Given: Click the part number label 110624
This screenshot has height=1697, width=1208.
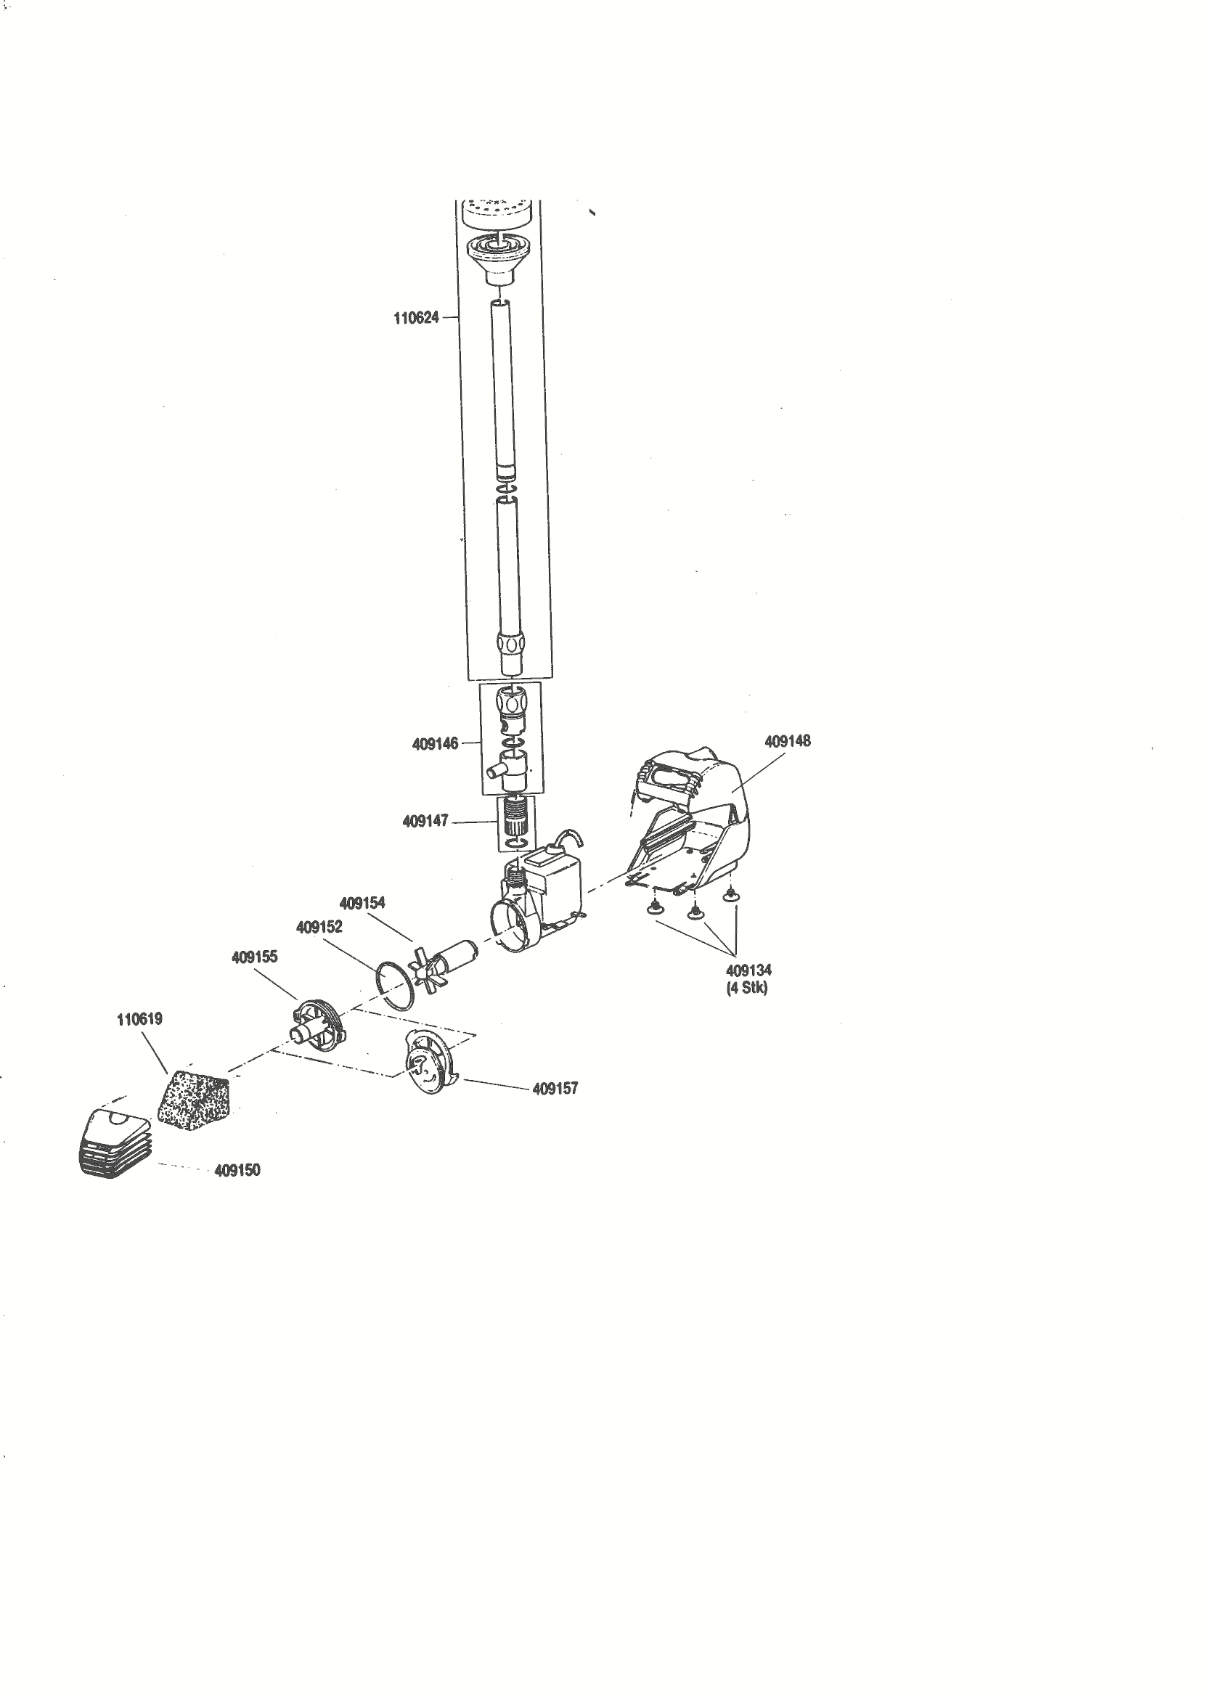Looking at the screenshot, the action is [416, 319].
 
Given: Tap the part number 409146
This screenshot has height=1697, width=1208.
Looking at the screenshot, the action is [435, 743].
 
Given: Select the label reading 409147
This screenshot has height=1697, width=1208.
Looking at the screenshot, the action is [425, 821].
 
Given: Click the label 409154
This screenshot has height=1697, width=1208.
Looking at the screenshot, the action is [362, 904].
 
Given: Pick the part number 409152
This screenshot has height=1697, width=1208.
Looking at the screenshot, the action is [319, 928].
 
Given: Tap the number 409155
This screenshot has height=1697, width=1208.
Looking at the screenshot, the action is [254, 957].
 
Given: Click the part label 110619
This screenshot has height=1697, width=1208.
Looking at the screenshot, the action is [139, 1019].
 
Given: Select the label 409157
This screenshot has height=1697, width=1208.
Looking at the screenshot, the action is [555, 1089].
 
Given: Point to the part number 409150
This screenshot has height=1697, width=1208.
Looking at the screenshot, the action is [237, 1170].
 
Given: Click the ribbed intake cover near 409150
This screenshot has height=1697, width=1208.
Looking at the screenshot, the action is [115, 1144].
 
